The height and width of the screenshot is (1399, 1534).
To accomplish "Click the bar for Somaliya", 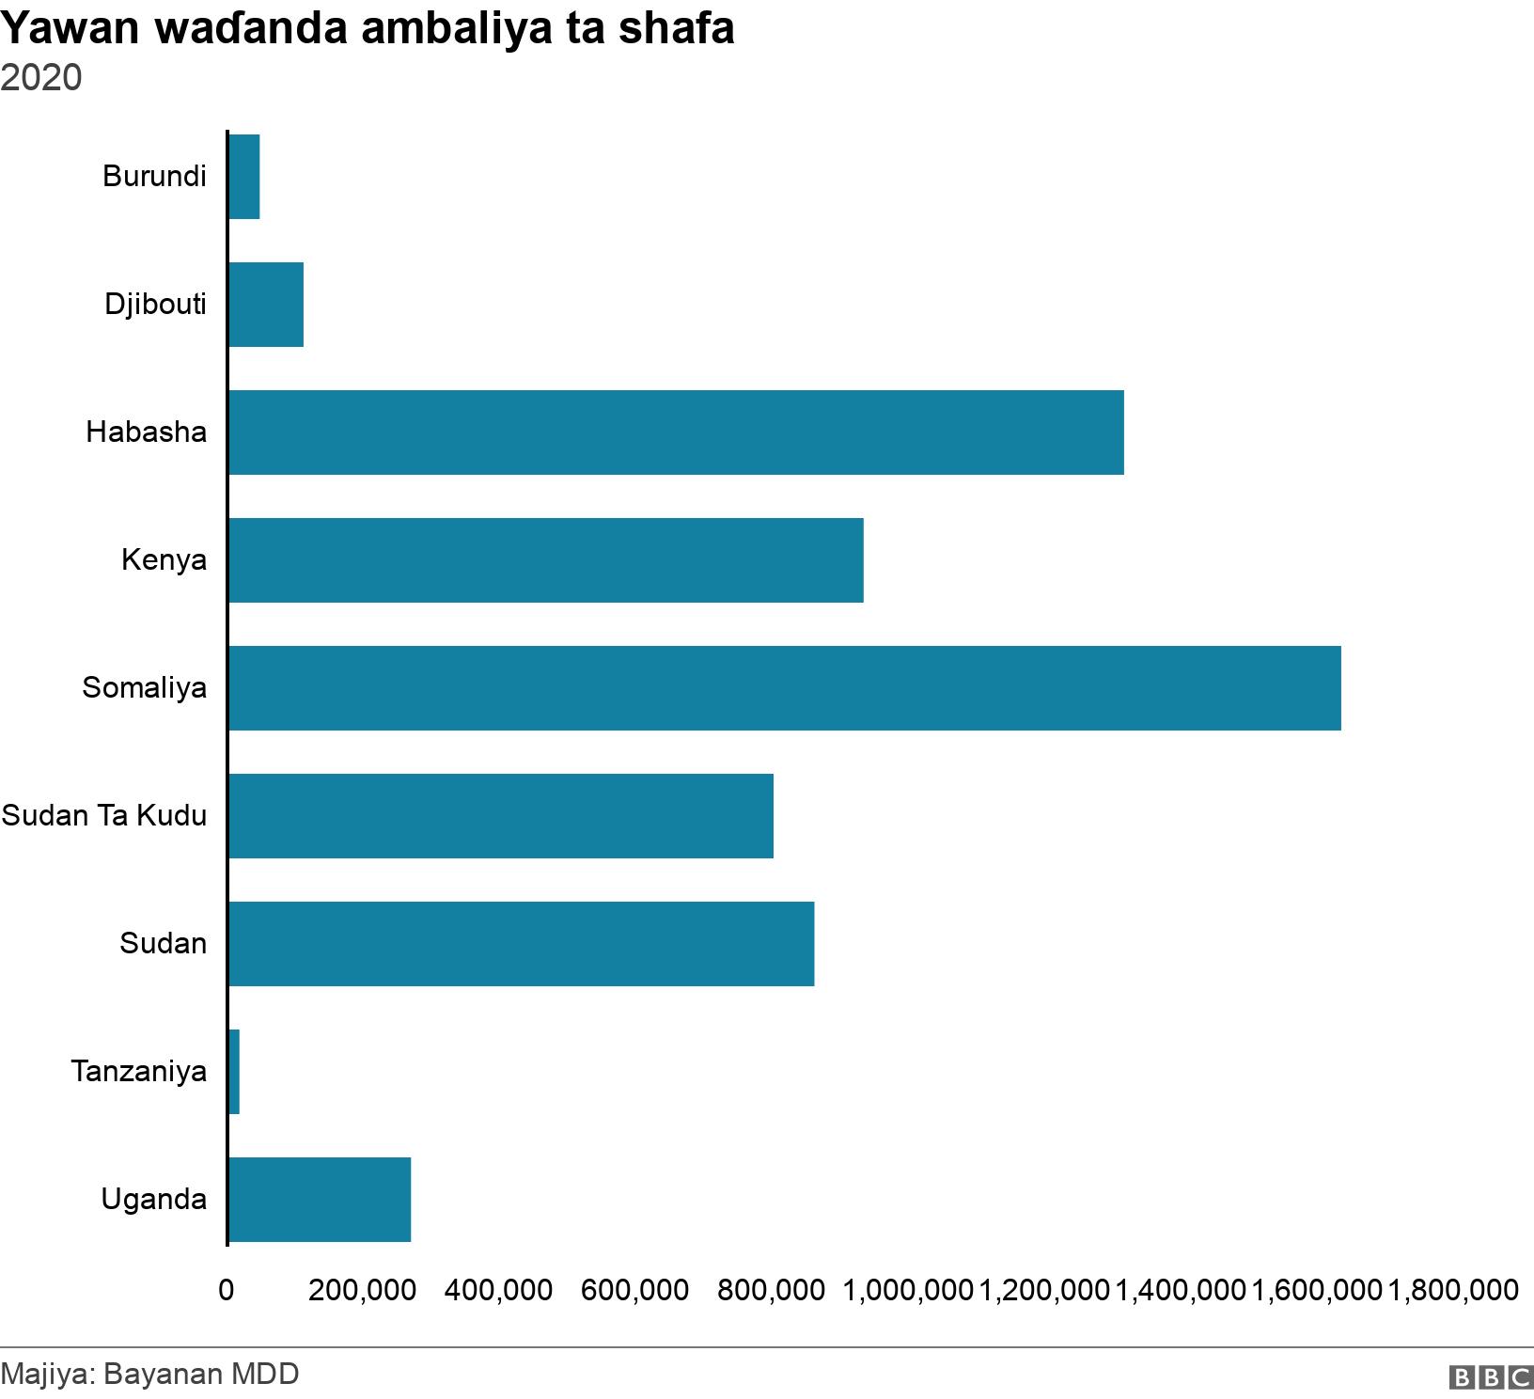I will point(784,688).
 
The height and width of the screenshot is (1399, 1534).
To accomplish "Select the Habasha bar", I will point(676,432).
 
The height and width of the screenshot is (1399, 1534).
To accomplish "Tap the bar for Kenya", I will point(545,560).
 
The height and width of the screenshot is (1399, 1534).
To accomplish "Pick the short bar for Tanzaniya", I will point(234,1072).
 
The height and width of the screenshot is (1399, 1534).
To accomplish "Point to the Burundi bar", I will point(243,177).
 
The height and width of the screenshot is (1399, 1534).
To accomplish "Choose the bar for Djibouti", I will point(266,305).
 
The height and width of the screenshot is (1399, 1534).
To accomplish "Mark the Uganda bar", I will point(320,1200).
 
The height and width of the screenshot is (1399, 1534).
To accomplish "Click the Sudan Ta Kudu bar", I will point(500,816).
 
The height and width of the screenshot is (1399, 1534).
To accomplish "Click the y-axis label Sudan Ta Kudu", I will point(104,815).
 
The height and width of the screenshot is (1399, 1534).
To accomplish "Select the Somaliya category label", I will point(144,687).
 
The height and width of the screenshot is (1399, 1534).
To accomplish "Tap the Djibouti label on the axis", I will point(155,304).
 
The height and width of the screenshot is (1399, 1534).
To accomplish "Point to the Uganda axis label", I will point(154,1199).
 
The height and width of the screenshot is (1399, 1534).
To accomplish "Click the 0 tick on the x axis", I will point(227,1290).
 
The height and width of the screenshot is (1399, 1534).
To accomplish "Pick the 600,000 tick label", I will point(634,1290).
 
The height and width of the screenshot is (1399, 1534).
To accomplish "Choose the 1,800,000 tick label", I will point(1453,1290).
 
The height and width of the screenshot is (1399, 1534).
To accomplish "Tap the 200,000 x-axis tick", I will point(362,1290).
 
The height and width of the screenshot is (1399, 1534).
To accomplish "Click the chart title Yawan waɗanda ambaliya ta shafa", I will point(368,28).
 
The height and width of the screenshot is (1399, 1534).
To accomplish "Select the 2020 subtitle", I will point(41,77).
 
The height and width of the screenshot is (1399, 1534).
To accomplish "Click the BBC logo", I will point(1491,1377).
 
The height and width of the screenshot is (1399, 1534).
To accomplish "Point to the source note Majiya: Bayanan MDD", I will point(150,1374).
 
